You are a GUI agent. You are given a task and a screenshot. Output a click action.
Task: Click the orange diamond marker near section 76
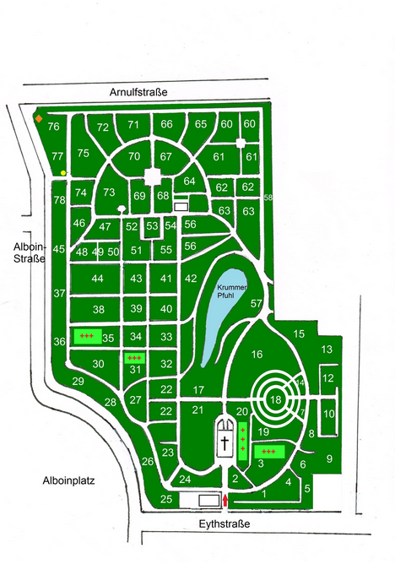38,118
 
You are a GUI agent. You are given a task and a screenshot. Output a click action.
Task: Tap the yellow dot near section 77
63,172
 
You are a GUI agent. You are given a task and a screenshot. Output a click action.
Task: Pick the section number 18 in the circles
276,399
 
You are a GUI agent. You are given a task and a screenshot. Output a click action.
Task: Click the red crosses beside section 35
85,336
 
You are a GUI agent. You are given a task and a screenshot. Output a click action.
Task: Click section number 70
134,156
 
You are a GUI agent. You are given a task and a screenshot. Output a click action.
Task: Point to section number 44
98,279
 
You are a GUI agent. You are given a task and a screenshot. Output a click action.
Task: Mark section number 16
257,354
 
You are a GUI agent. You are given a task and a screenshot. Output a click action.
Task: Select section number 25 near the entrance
166,500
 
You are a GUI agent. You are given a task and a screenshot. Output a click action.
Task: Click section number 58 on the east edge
268,198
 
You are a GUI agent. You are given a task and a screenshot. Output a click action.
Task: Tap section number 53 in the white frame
151,226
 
